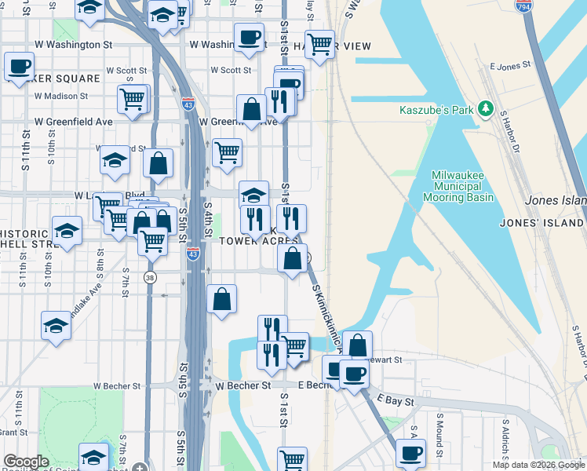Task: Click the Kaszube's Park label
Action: (437, 109)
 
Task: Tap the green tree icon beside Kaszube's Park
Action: (487, 108)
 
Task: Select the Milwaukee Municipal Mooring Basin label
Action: (462, 186)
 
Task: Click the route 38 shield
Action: (150, 277)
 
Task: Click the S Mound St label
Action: (440, 430)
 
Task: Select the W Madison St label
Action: (61, 96)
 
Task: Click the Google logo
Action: (25, 462)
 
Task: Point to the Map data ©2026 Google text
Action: (538, 465)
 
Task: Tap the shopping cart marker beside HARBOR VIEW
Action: (319, 45)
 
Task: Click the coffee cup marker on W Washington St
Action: (249, 38)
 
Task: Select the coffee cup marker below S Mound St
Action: (410, 452)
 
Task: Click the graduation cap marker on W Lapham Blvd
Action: (253, 194)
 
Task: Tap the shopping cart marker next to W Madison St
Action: (133, 99)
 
